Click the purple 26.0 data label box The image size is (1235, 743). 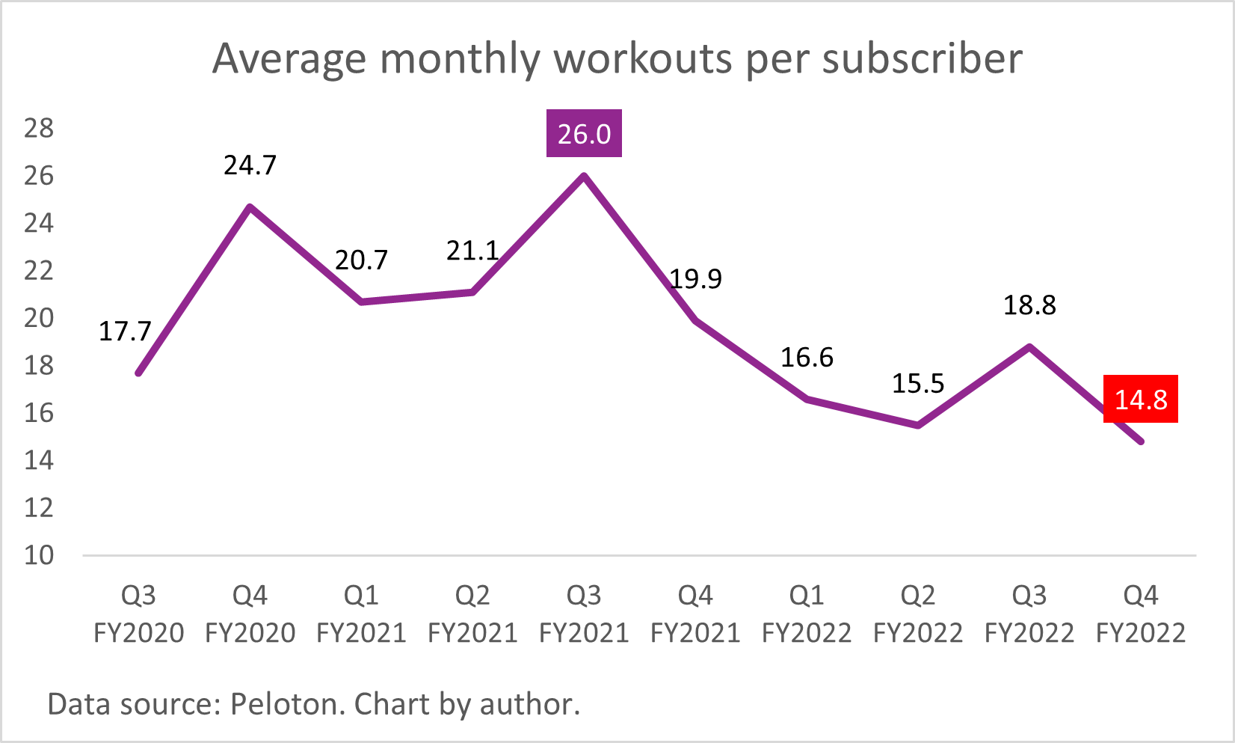(584, 134)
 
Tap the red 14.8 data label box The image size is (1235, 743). (1140, 399)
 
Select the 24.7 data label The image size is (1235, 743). (250, 165)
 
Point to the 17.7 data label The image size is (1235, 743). (125, 331)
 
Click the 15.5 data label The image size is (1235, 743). (918, 383)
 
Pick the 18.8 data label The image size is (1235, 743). (1029, 305)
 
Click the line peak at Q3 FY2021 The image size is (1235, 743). (584, 177)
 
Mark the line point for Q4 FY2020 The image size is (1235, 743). (250, 207)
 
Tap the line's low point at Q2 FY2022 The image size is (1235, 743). (918, 425)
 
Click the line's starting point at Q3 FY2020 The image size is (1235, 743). (139, 373)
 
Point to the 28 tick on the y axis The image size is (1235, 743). (39, 128)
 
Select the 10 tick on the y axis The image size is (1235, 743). (39, 555)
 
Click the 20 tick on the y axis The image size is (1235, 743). (39, 318)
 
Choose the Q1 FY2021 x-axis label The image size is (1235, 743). (361, 614)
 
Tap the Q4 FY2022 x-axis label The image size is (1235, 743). (1140, 614)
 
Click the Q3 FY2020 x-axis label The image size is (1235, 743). (139, 614)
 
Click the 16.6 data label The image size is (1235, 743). (807, 357)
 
